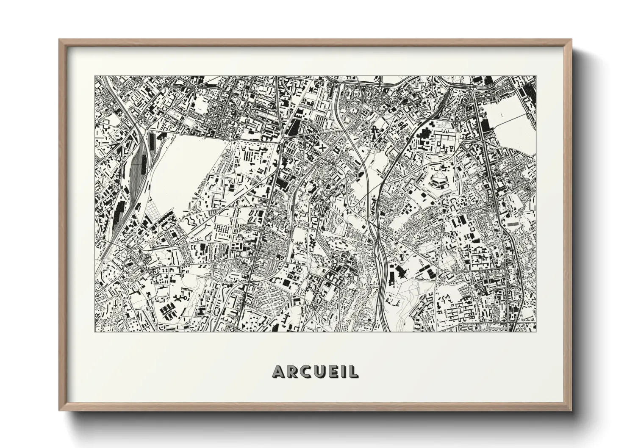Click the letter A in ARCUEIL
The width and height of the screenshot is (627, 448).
coord(280,371)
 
